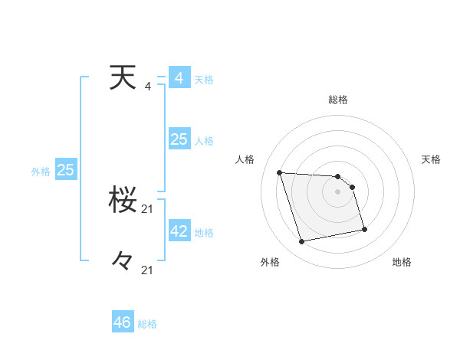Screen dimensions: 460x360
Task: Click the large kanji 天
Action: [124, 78]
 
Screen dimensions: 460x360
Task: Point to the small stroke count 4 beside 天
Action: [148, 87]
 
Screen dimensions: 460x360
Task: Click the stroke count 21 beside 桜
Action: [148, 209]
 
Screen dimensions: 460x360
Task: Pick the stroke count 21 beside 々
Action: [148, 270]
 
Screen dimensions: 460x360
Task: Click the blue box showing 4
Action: [179, 78]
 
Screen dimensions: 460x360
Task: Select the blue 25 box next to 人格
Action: [179, 139]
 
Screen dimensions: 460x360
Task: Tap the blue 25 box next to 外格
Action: [66, 170]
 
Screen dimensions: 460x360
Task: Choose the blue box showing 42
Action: [179, 231]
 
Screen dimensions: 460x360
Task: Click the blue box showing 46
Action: [123, 322]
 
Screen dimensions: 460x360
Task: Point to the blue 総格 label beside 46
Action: [147, 324]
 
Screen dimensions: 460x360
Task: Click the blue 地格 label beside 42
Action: [204, 233]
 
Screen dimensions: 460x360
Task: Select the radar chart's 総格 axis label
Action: [338, 100]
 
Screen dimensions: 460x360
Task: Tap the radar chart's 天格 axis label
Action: [432, 159]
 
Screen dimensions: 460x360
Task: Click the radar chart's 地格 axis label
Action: [402, 262]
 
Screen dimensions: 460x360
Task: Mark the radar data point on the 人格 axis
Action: [280, 172]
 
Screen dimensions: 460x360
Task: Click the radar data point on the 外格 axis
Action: [302, 242]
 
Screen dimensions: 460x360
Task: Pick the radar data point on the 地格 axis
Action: [364, 229]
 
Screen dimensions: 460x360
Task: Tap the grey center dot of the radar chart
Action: [338, 192]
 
